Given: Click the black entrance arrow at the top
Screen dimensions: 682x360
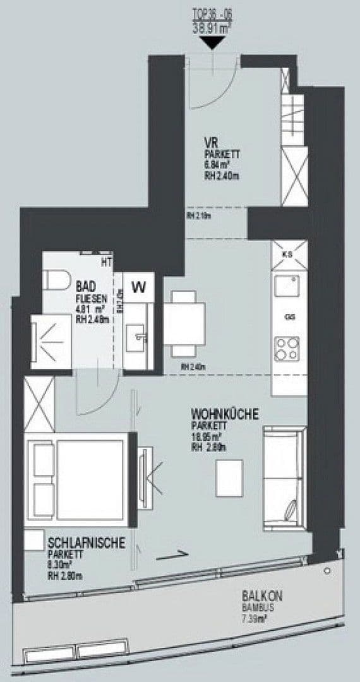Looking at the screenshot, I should (212, 42).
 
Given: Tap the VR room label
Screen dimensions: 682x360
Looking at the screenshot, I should (211, 143).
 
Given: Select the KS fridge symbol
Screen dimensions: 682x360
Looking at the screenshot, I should (289, 254).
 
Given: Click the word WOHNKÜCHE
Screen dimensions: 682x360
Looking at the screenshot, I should (225, 414).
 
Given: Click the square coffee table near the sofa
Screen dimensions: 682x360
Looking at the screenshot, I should (229, 478).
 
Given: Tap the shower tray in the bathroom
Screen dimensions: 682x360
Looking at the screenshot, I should (51, 341).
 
